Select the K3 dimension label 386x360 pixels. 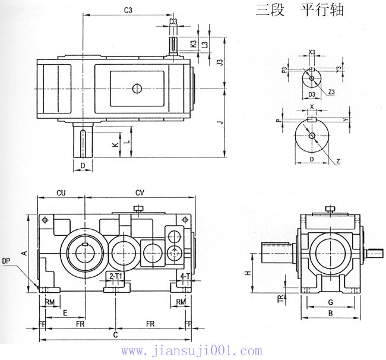[x=194, y=44]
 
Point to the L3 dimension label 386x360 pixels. [x=205, y=44]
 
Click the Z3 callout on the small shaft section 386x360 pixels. [x=331, y=91]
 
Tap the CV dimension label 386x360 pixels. [x=140, y=192]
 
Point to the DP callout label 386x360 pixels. [x=7, y=260]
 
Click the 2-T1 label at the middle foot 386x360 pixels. [x=116, y=277]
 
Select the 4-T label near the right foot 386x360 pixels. [x=185, y=277]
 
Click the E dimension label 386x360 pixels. [x=64, y=311]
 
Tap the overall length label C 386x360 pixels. [x=115, y=335]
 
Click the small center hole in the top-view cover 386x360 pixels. [x=137, y=89]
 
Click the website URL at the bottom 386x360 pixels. [x=191, y=351]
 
